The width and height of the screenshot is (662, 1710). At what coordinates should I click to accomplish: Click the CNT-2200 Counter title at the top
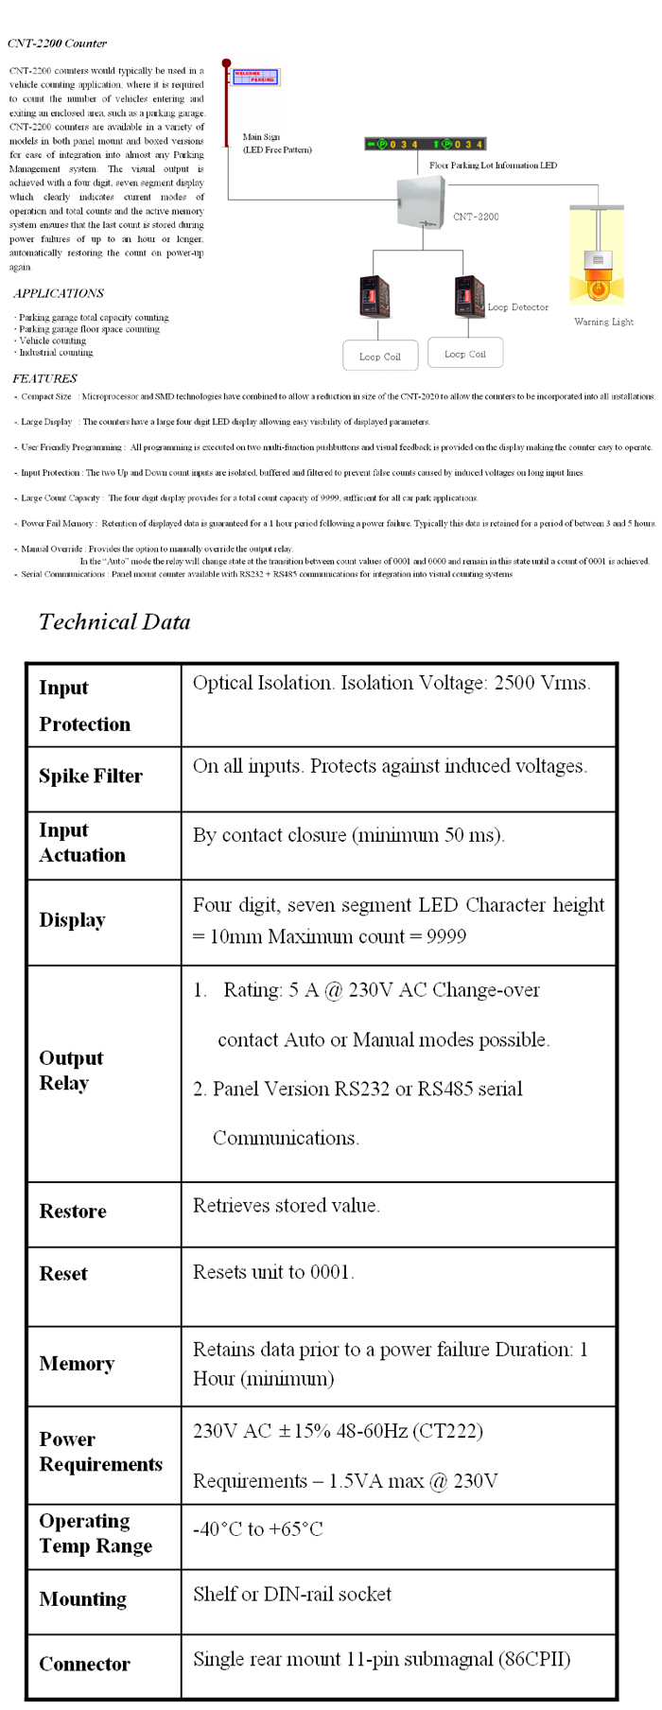57,44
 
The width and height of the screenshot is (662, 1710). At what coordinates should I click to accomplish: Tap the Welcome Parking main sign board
254,77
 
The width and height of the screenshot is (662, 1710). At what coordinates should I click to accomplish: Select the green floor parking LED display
425,144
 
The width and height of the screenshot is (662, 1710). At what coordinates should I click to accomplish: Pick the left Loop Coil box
379,356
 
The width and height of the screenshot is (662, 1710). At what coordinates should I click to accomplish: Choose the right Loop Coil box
464,353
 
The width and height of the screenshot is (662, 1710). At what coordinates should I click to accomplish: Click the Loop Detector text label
517,307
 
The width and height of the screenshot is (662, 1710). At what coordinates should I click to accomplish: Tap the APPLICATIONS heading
59,293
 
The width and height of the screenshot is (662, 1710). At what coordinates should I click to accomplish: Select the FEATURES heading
44,378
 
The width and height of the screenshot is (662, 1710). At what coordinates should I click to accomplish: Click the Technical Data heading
114,621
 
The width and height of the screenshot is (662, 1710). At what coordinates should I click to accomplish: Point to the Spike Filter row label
91,776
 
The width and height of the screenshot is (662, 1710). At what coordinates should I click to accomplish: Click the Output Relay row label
71,1071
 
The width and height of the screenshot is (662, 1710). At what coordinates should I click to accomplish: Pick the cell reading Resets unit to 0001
273,1272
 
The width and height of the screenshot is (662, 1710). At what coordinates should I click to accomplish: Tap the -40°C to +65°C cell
257,1529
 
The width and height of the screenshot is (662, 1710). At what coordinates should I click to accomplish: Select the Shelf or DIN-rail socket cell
291,1595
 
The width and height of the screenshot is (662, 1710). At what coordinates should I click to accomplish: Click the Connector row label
84,1664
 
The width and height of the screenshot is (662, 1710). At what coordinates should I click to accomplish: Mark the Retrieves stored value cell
286,1206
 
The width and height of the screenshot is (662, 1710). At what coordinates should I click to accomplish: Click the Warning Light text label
603,323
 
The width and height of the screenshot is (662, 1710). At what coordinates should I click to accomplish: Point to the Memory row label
77,1364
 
